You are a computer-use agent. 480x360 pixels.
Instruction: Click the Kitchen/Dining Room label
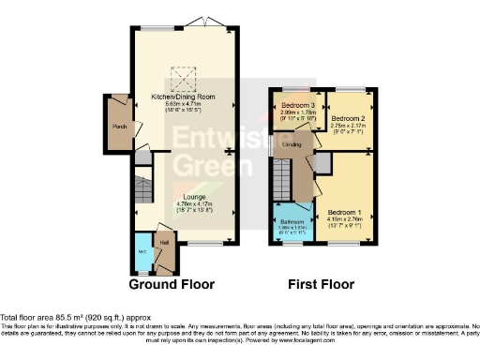184,97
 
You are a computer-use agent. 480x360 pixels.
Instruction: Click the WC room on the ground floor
142,252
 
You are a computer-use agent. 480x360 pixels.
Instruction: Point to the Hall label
164,243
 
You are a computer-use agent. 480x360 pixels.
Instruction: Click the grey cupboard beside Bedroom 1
322,164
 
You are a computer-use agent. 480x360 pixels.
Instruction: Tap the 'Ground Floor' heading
172,284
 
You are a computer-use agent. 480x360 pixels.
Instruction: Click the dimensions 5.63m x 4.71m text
184,105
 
